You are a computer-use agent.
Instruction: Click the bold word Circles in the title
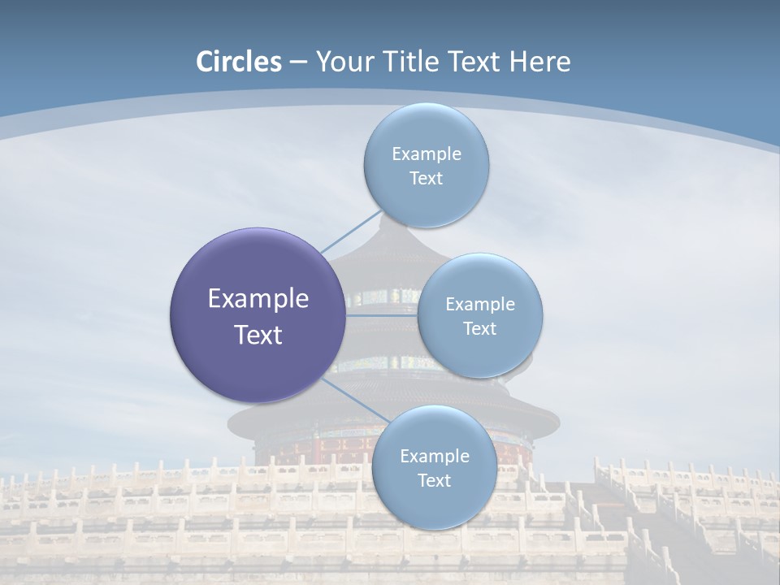coord(239,62)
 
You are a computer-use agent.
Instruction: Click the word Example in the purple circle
coord(258,299)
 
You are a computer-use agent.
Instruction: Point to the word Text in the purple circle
coord(258,335)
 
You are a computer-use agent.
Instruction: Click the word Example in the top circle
coord(427,154)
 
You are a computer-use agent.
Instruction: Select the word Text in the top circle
coord(427,179)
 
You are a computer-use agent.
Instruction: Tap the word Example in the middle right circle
coord(480,304)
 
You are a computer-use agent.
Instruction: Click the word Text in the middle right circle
coord(480,328)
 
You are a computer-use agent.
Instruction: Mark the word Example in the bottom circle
coord(435,456)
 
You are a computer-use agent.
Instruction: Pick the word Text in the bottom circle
coord(435,480)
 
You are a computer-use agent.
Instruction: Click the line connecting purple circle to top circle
coord(351,231)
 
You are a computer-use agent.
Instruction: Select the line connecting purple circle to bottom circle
coord(355,400)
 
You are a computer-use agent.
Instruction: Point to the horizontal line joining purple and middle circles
coord(381,315)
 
